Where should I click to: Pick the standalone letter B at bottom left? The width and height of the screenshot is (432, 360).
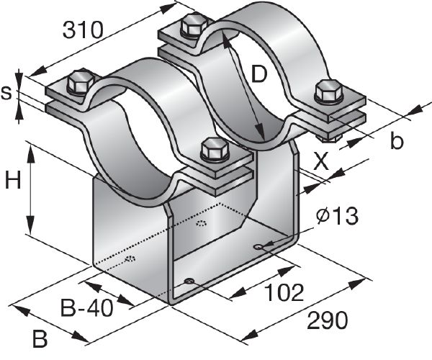pos(41,337)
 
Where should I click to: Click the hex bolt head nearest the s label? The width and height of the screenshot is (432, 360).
pos(79,82)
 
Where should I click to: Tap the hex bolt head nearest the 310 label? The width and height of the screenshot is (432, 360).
pos(193,27)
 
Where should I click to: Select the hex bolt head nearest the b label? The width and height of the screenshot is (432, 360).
pos(328,91)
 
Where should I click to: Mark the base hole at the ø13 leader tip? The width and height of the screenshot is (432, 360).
pos(258,247)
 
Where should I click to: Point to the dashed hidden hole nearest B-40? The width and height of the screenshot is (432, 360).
pos(130,258)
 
